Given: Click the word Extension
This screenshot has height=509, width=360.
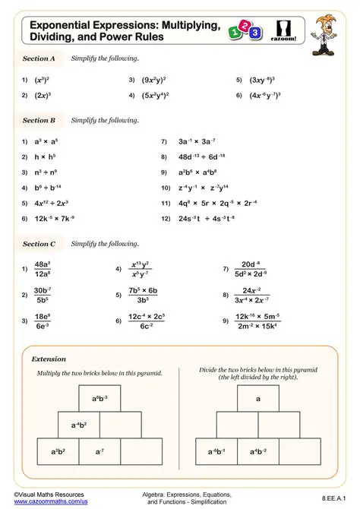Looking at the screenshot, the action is [x=49, y=359].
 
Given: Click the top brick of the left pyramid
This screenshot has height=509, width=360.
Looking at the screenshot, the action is [x=99, y=398].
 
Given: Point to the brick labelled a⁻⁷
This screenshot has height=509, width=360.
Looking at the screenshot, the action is [x=99, y=451].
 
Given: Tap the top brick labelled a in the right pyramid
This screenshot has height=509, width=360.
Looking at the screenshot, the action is [x=258, y=398].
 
